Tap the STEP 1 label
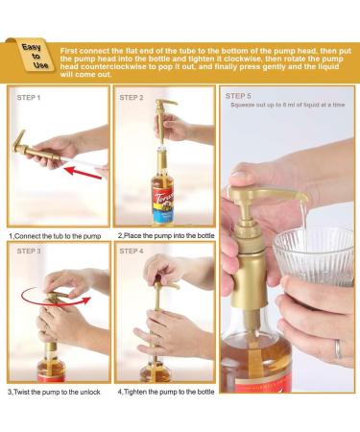tap(29, 98)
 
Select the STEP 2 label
tap(132, 98)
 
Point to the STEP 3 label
tap(29, 252)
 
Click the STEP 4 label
tap(132, 252)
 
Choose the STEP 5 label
tap(238, 96)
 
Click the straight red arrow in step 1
tap(83, 172)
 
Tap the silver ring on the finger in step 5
tap(338, 349)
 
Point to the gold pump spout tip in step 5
tap(302, 197)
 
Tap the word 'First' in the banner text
tap(68, 51)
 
